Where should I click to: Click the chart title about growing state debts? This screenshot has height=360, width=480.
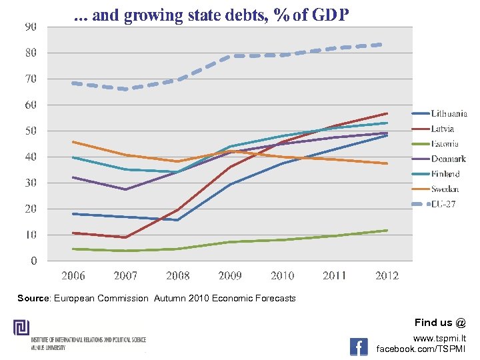pyautogui.click(x=211, y=15)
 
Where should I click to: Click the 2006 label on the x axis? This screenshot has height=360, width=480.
pyautogui.click(x=73, y=276)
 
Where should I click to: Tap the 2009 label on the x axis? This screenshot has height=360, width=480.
pyautogui.click(x=231, y=276)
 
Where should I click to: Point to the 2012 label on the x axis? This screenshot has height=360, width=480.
pyautogui.click(x=387, y=276)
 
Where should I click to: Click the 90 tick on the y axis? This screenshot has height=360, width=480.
pyautogui.click(x=31, y=27)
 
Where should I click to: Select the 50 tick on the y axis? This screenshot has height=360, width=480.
pyautogui.click(x=31, y=131)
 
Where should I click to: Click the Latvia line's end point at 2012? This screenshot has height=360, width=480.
pyautogui.click(x=387, y=113)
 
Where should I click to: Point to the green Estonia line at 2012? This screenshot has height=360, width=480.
pyautogui.click(x=387, y=231)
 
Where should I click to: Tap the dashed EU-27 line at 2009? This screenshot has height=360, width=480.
pyautogui.click(x=231, y=57)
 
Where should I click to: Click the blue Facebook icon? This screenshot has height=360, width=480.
pyautogui.click(x=359, y=346)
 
